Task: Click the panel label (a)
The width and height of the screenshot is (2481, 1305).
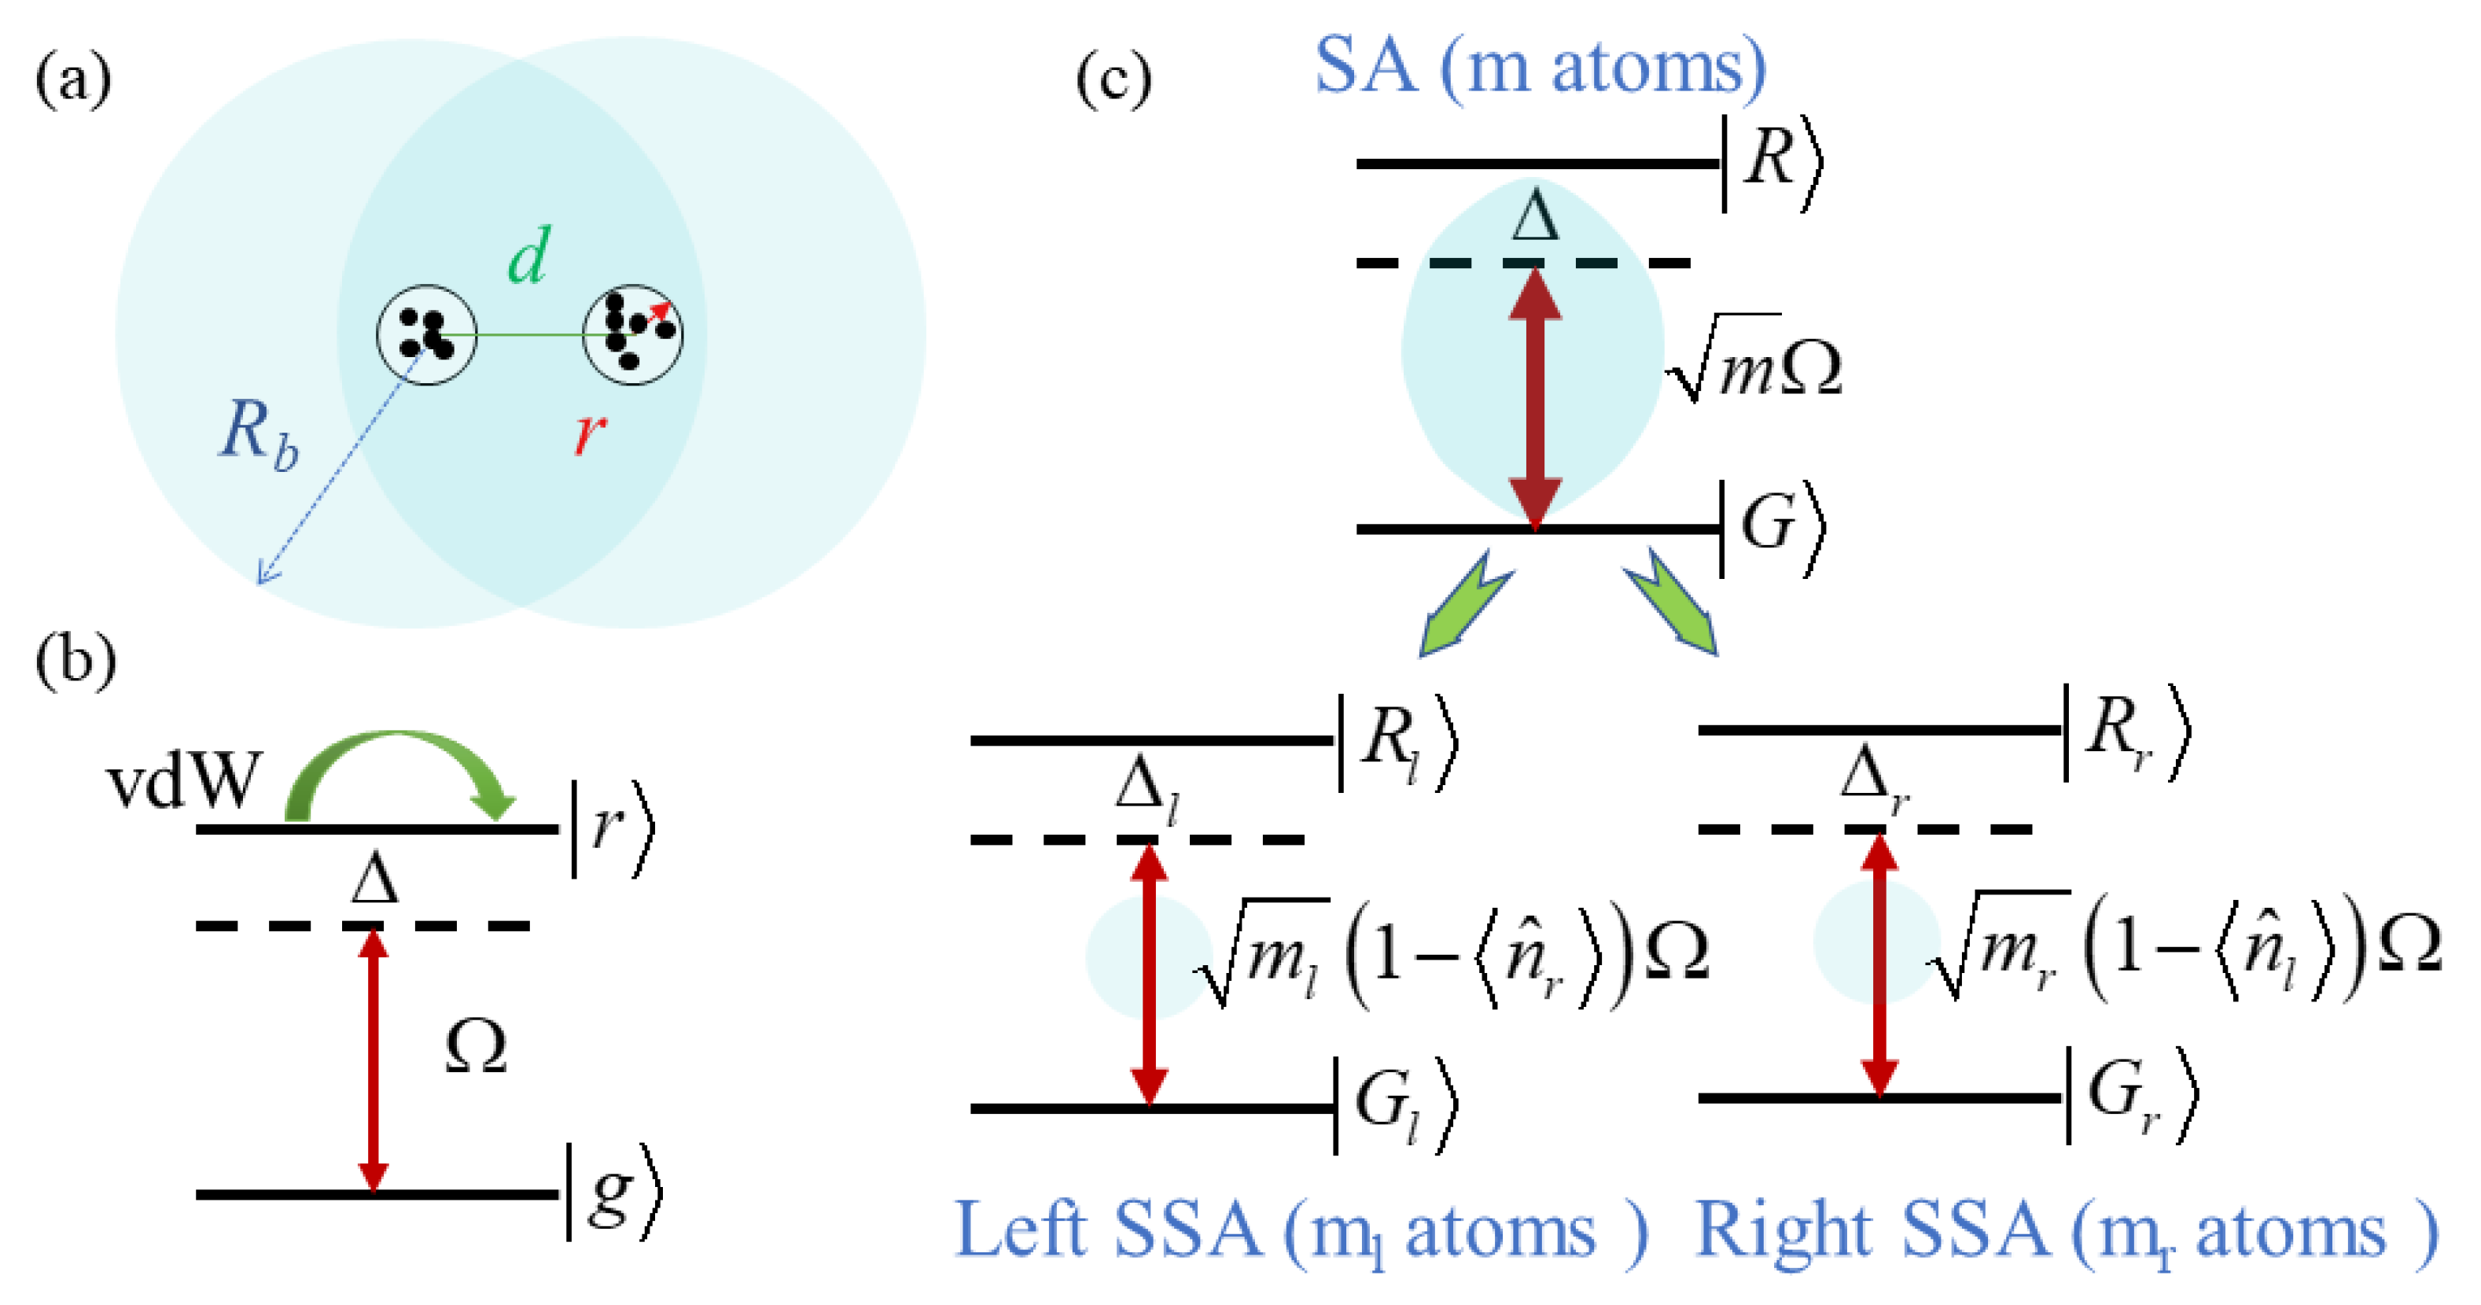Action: [x=73, y=79]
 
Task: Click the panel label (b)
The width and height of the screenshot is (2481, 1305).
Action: [x=75, y=661]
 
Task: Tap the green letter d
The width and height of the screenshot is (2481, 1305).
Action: [x=528, y=256]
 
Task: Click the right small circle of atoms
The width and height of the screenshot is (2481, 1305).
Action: [x=633, y=335]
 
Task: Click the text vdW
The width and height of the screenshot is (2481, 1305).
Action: [x=183, y=780]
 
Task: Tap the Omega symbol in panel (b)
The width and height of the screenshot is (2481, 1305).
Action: [x=476, y=1047]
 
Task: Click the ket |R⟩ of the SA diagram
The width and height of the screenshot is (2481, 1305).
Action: [x=1772, y=162]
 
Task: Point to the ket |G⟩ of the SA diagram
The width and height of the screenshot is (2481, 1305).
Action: [x=1772, y=528]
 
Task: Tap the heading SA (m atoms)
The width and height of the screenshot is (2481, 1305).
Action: [x=1539, y=68]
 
